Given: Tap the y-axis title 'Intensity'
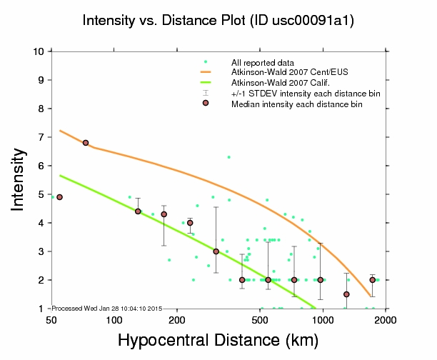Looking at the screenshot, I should pyautogui.click(x=19, y=179).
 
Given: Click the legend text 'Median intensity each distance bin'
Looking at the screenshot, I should pyautogui.click(x=296, y=104).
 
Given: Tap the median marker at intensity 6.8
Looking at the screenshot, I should pyautogui.click(x=86, y=143).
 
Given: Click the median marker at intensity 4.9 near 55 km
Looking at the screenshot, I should pyautogui.click(x=59, y=197).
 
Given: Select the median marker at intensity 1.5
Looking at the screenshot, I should pyautogui.click(x=346, y=294).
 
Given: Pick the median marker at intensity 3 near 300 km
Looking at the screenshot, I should pyautogui.click(x=216, y=251).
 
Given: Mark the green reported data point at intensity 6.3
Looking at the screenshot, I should pyautogui.click(x=228, y=157).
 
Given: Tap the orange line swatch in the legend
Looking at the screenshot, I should pyautogui.click(x=206, y=72).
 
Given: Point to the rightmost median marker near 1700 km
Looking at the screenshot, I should pyautogui.click(x=372, y=280).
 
